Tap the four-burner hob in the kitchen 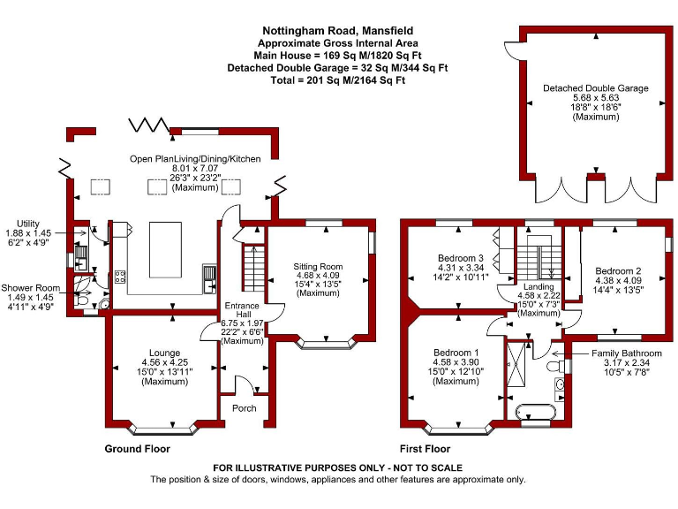119,277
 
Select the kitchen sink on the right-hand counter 210,278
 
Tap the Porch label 244,408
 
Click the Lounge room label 164,353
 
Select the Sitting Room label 319,266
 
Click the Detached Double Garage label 595,89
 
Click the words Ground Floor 137,449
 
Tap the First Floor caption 424,449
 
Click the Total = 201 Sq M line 337,80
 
